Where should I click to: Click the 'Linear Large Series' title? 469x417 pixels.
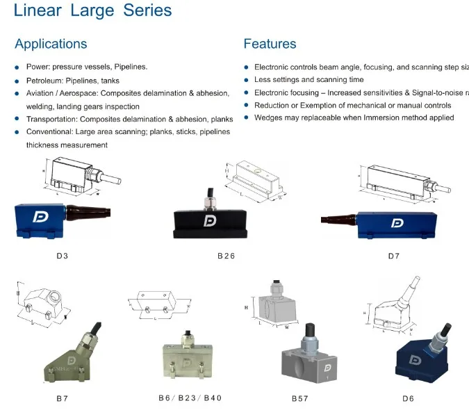point(92,11)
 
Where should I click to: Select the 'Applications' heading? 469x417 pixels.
point(51,44)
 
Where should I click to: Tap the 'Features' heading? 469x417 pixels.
point(270,44)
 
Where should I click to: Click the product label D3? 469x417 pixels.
point(63,256)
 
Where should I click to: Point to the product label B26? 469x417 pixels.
point(226,256)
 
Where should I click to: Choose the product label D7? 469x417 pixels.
point(394,256)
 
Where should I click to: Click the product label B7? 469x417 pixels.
point(63,398)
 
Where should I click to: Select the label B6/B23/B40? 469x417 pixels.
point(190,398)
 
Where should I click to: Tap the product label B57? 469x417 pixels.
point(300,398)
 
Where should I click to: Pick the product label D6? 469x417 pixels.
point(408,398)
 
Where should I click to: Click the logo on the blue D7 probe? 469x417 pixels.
point(398,223)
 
